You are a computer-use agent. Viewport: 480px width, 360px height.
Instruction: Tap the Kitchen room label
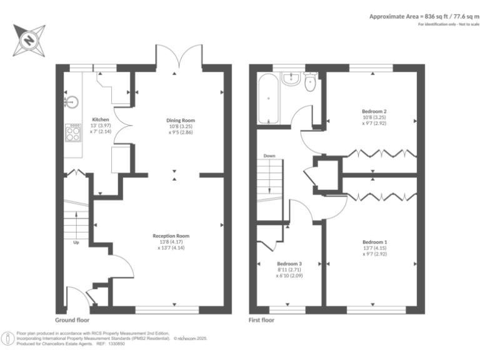101,119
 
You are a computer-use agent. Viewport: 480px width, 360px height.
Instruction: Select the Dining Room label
180,120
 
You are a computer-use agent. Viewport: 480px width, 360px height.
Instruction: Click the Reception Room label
171,236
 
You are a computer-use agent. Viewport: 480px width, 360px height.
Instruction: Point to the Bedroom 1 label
374,242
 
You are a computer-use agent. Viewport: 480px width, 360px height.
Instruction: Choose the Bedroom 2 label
373,111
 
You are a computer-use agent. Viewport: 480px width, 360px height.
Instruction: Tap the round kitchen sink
71,98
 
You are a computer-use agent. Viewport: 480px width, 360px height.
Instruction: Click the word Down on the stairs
269,156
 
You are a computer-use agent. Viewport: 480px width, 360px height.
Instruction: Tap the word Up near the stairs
76,242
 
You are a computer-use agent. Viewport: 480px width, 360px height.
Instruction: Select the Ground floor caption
72,319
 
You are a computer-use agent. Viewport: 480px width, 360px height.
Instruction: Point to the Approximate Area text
423,16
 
